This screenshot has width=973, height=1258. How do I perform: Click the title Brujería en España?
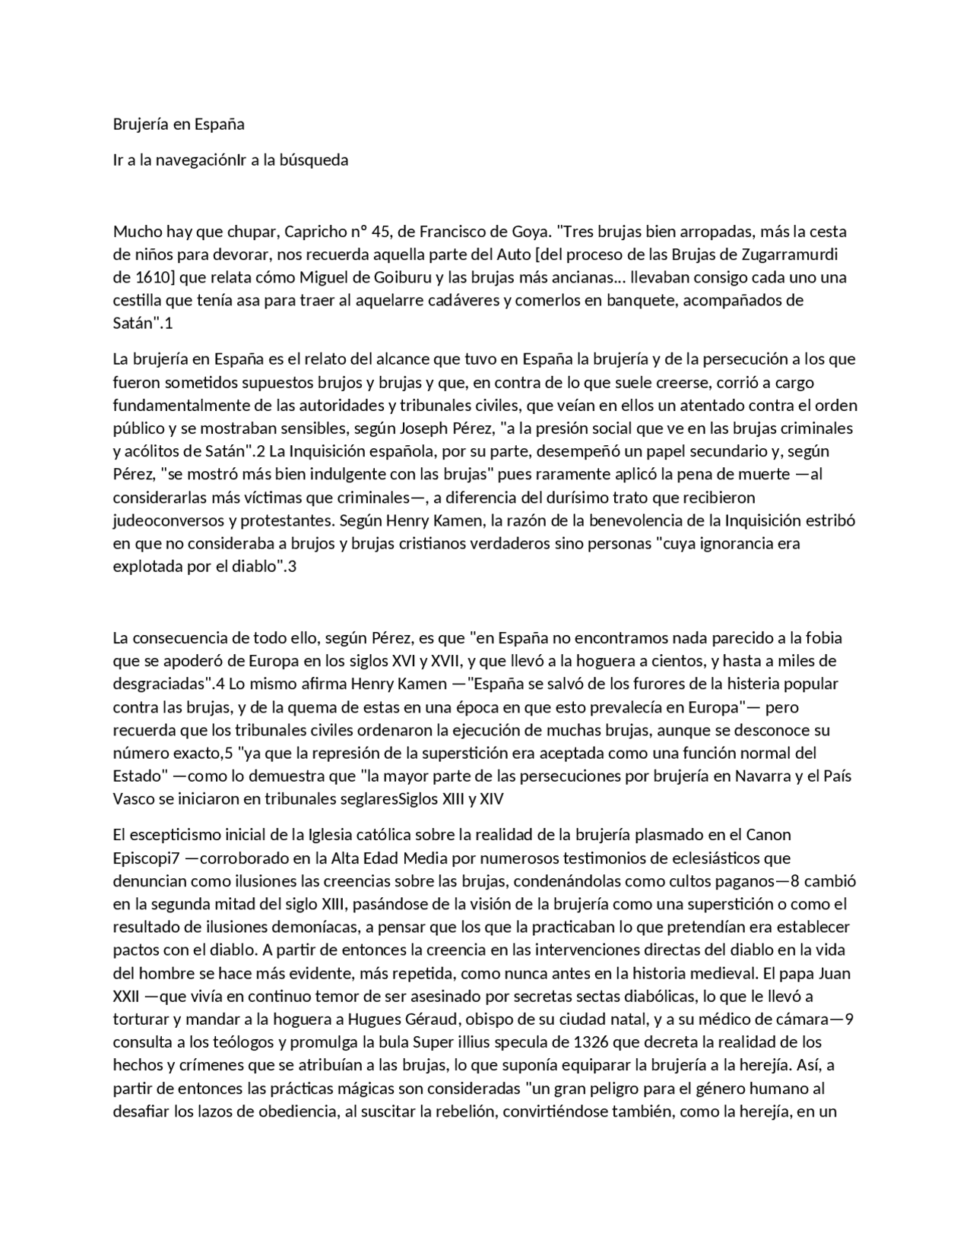tap(179, 124)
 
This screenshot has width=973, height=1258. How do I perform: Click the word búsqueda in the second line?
tap(314, 160)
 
